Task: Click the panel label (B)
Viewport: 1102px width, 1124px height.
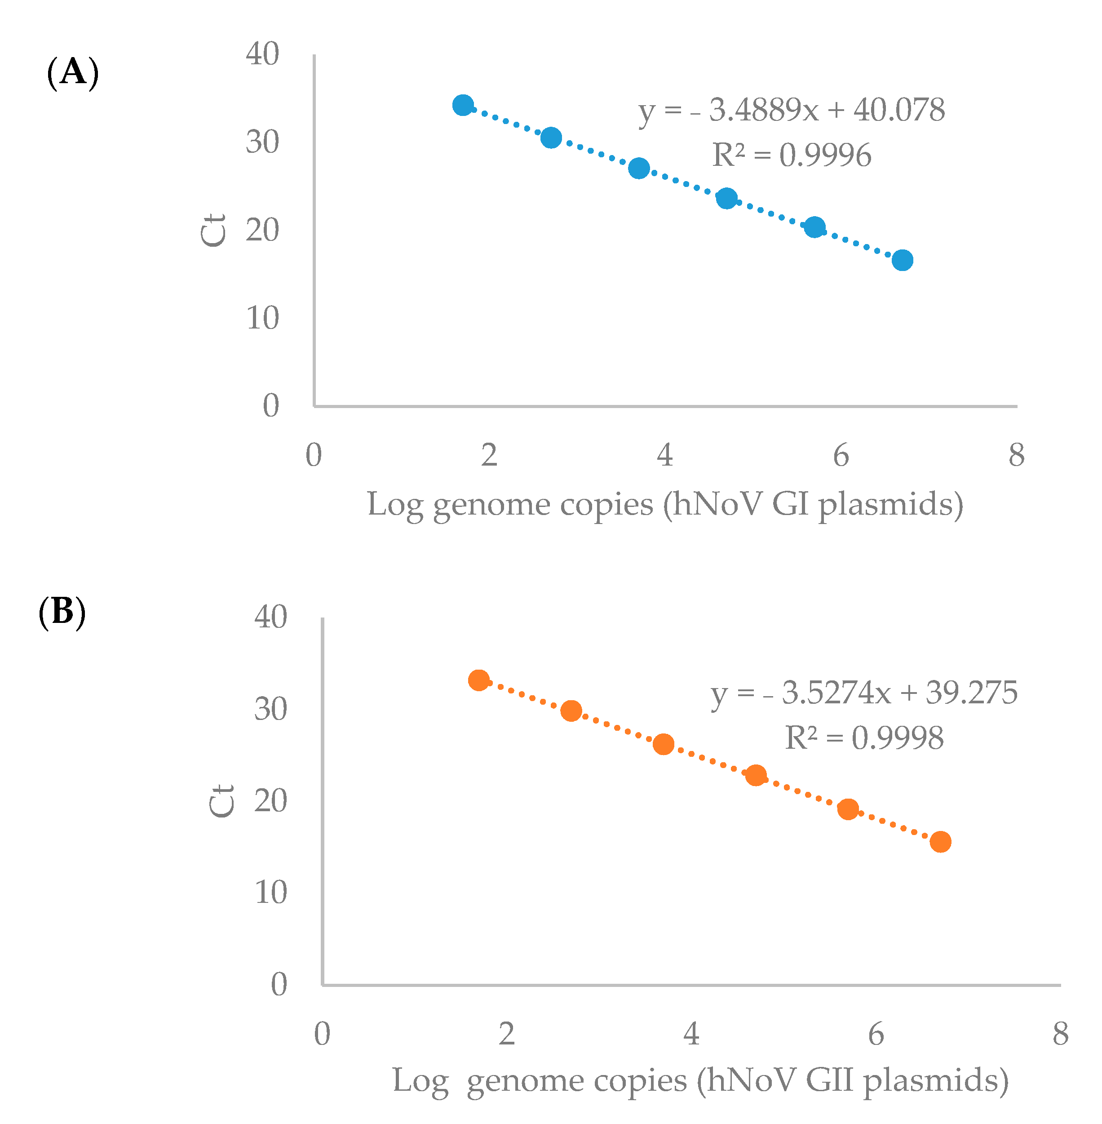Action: (62, 612)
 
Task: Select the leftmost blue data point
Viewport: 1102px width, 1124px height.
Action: (463, 106)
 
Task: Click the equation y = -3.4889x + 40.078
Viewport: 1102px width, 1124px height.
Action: (791, 110)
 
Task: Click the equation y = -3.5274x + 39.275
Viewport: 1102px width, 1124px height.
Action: (864, 692)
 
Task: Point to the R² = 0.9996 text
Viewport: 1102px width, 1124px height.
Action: (791, 155)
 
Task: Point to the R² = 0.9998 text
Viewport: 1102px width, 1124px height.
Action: (864, 738)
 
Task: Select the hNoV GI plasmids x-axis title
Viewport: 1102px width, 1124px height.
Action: (665, 504)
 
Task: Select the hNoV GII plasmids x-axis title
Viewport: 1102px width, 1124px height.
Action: (700, 1080)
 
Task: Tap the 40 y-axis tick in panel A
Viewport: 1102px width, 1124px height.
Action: (262, 54)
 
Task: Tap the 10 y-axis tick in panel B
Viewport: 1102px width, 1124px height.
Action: (270, 893)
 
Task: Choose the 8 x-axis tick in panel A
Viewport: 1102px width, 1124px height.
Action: (1016, 455)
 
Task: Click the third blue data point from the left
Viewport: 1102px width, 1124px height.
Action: (639, 168)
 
